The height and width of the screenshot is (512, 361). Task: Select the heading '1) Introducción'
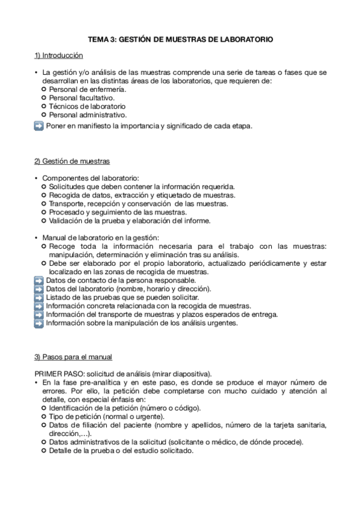tap(58, 56)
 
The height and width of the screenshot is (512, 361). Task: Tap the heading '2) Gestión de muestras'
tap(72, 161)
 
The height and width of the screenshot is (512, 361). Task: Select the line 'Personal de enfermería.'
tap(84, 89)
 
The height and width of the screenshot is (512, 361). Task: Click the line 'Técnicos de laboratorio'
tap(83, 106)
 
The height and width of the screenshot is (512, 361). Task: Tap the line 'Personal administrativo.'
tap(87, 114)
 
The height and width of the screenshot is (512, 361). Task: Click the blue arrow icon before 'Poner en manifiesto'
tap(39, 126)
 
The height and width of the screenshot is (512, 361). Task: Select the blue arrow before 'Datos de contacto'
tap(39, 281)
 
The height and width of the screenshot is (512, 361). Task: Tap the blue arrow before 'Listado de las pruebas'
tap(39, 298)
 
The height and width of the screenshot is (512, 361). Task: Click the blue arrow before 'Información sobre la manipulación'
tap(39, 323)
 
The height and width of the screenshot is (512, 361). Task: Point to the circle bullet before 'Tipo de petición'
tap(44, 417)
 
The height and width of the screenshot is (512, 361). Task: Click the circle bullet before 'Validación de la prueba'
tap(44, 221)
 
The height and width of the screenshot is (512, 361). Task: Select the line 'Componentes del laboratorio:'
tap(90, 178)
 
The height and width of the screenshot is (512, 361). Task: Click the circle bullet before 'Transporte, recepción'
tap(44, 204)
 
